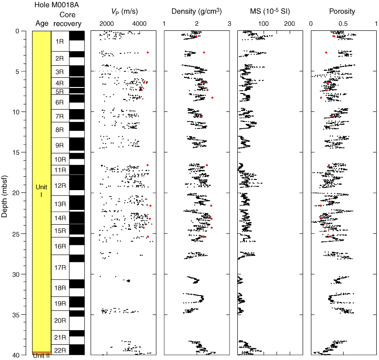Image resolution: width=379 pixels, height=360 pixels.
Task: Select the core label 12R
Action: point(60,186)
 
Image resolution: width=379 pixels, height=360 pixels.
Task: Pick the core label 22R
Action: point(60,350)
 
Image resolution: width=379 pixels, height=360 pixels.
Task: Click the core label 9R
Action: point(60,145)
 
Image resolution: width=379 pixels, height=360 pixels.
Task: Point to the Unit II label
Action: point(41,355)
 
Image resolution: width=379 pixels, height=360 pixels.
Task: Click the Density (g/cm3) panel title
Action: point(197,11)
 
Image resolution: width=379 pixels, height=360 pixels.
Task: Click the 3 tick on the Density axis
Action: point(229,24)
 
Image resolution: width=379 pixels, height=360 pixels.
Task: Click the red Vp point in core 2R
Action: point(148,52)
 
